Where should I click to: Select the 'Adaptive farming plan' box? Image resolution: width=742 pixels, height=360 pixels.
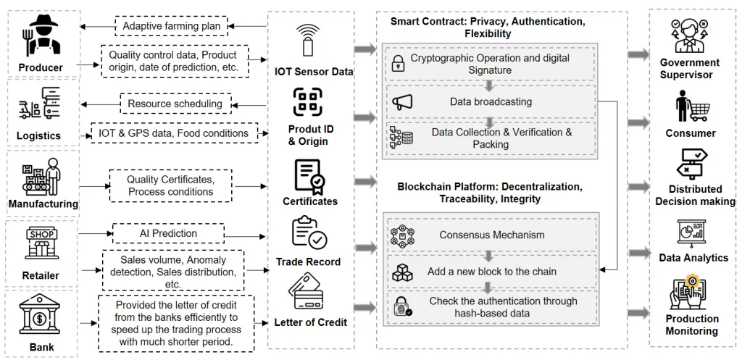click(172, 27)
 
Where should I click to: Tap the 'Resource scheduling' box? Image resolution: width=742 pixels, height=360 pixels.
click(175, 104)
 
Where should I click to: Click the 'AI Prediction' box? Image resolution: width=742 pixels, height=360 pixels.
click(168, 233)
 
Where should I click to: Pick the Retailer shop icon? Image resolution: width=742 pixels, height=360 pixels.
click(41, 244)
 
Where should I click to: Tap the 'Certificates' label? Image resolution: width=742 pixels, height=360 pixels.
click(310, 201)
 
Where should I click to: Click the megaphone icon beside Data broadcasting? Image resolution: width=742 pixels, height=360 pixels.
click(402, 102)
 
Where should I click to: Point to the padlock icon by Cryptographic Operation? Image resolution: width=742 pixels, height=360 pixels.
click(398, 64)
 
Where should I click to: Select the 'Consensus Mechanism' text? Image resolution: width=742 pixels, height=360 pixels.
click(492, 235)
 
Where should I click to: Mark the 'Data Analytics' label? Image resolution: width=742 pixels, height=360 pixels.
click(693, 258)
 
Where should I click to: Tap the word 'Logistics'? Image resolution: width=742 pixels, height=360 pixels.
click(39, 135)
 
